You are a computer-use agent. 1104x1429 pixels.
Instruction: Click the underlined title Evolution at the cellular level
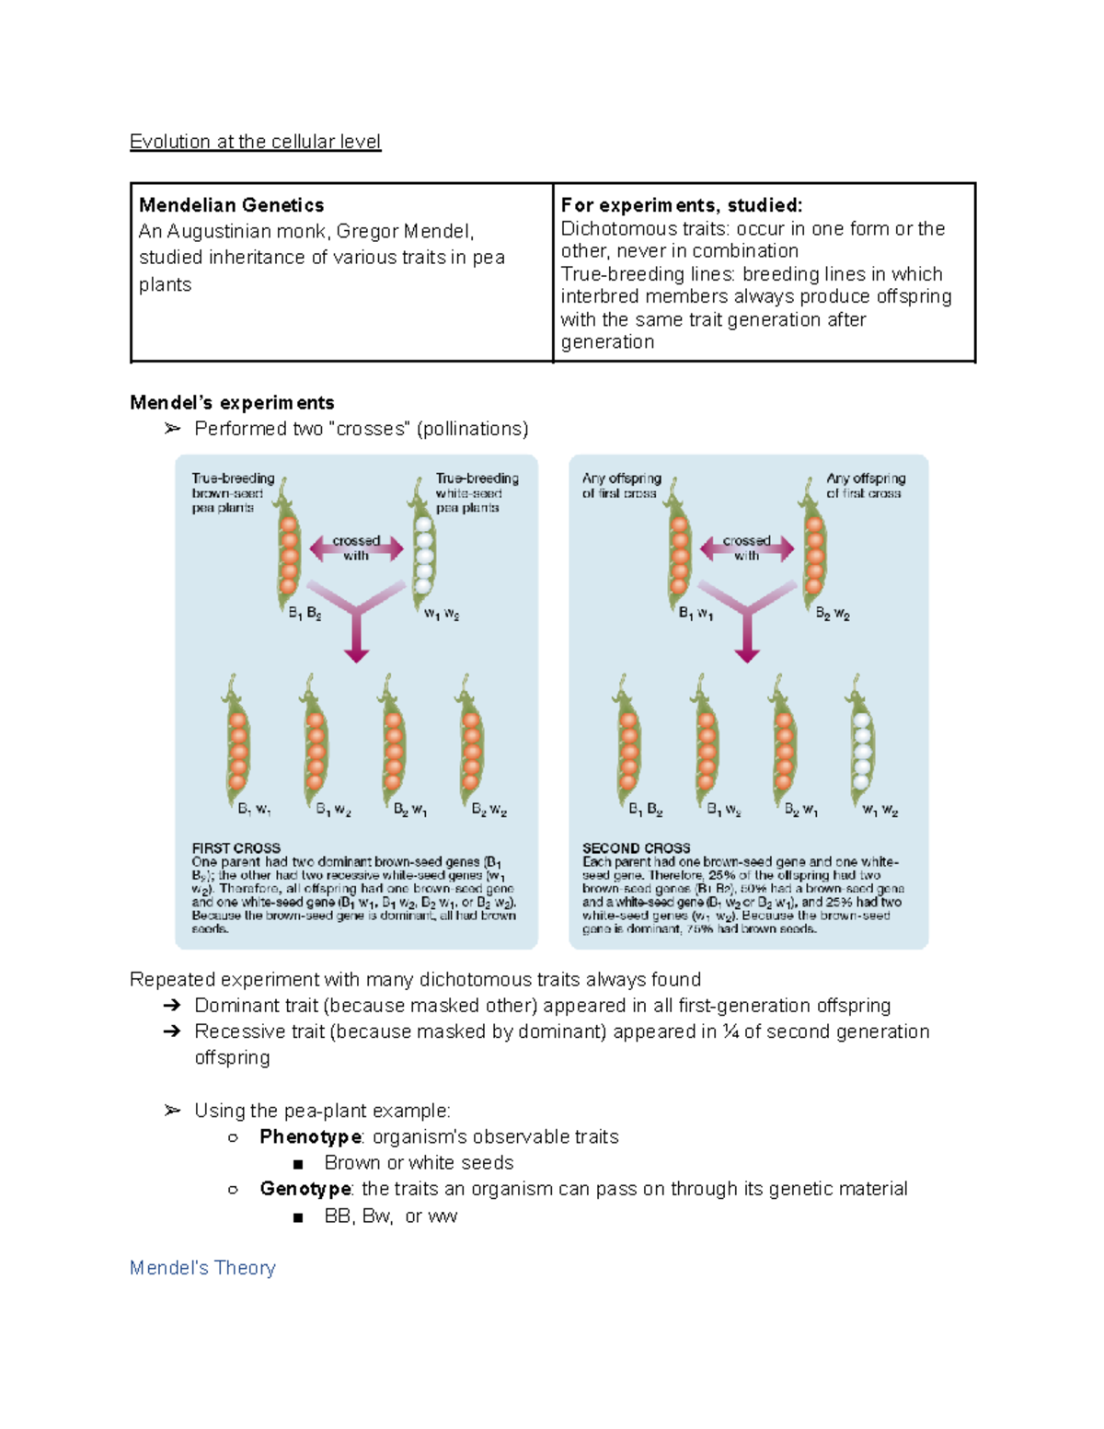(x=255, y=142)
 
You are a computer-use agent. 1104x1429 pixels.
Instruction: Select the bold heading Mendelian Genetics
(x=231, y=205)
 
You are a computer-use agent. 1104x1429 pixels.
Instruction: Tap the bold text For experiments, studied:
(x=681, y=205)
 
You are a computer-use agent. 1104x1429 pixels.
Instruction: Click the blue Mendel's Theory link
(x=202, y=1268)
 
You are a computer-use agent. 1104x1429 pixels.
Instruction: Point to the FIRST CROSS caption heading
(x=236, y=847)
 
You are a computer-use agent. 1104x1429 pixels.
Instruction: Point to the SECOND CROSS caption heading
(x=636, y=847)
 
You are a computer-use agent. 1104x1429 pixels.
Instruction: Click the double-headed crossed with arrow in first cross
(x=356, y=548)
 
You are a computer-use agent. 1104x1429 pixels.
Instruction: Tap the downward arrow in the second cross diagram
(x=747, y=635)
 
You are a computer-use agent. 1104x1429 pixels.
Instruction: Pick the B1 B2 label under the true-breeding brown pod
(x=305, y=614)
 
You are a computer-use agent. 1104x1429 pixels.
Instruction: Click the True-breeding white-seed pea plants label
(x=476, y=493)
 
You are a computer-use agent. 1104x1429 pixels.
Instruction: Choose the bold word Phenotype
(x=311, y=1137)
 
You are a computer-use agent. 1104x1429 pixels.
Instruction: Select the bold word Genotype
(x=305, y=1189)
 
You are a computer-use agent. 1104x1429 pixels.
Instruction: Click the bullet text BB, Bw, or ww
(x=390, y=1216)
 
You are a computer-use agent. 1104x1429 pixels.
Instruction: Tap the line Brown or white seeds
(x=419, y=1163)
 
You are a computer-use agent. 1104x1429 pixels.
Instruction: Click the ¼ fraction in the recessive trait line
(x=730, y=1031)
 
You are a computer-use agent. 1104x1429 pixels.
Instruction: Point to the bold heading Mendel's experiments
(x=232, y=403)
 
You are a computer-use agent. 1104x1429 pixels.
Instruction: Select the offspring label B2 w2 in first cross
(x=489, y=810)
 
